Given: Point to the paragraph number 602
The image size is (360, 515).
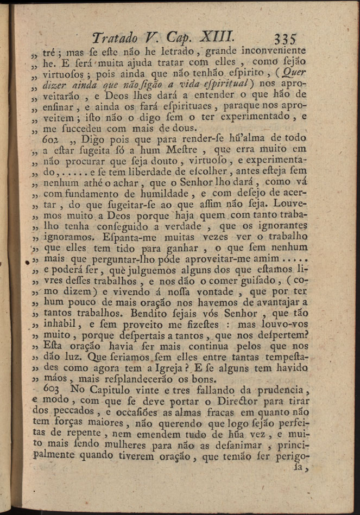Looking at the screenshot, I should click(x=50, y=139).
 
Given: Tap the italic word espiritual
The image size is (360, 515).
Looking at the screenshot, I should click(x=209, y=86).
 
